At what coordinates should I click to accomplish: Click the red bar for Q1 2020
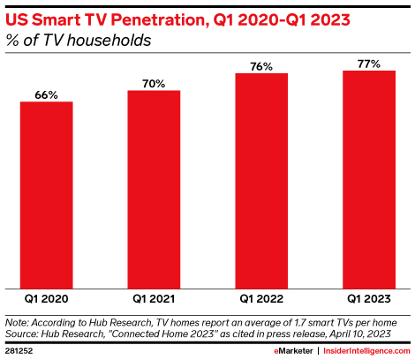pyautogui.click(x=46, y=194)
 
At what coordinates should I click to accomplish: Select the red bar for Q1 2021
pyautogui.click(x=154, y=189)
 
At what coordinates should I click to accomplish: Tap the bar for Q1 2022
pyautogui.click(x=261, y=180)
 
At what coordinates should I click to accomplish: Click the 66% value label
pyautogui.click(x=46, y=94)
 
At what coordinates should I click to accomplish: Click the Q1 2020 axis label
pyautogui.click(x=46, y=300)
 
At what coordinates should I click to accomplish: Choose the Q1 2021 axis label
pyautogui.click(x=154, y=300)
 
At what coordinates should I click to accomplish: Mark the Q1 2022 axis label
pyautogui.click(x=261, y=300)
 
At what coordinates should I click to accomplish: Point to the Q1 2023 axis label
pyautogui.click(x=369, y=300)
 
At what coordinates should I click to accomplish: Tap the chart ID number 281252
pyautogui.click(x=19, y=350)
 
